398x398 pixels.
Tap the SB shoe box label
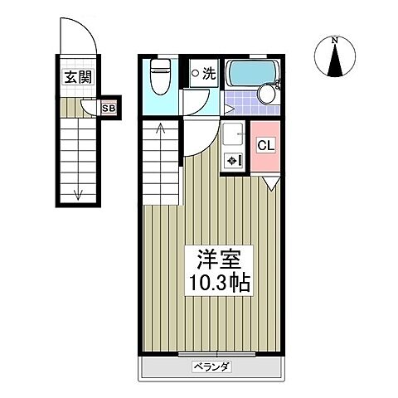coord(109,107)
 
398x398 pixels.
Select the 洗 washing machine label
coord(209,73)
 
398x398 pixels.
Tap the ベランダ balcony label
coord(211,366)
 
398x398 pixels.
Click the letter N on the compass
coord(335,40)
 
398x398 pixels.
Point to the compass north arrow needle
coord(335,61)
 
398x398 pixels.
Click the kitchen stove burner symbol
coord(233,160)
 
